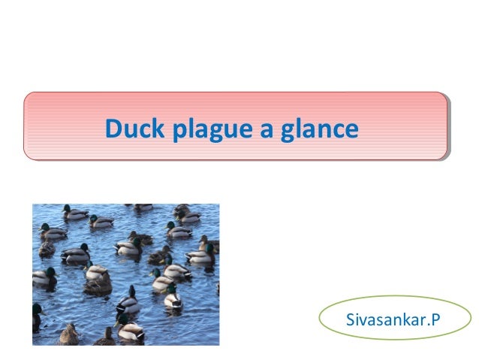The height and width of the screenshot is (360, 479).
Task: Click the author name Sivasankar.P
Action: tap(393, 322)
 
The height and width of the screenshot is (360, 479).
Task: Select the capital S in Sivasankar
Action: tap(350, 322)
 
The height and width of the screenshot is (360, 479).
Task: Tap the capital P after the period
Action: tap(435, 322)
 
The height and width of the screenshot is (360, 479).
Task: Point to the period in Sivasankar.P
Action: tap(428, 327)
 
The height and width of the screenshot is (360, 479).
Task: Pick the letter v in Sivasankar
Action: tap(363, 323)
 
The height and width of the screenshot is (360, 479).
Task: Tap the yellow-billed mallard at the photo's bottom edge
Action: tap(129, 331)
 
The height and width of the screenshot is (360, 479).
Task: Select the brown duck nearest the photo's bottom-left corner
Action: tap(69, 334)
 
